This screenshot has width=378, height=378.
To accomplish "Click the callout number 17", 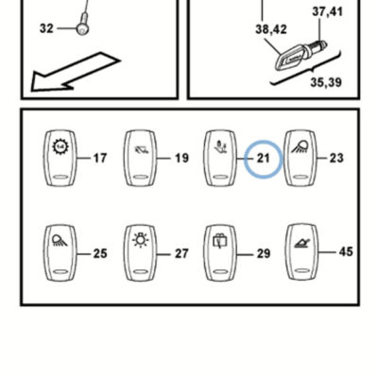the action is point(100,158).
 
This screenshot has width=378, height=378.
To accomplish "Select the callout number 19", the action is point(181,158).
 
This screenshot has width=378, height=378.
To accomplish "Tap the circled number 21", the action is point(264,158).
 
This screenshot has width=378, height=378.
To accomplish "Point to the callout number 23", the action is point(336,158).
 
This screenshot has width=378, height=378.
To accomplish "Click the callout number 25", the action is point(100,253).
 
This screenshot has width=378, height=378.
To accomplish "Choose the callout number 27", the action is point(181,253).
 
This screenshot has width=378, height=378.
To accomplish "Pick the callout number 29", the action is point(264,253).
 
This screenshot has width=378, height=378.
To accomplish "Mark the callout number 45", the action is point(346,251).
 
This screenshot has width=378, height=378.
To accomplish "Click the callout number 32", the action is point(46,28).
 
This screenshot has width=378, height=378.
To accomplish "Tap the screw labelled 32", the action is point(83,24).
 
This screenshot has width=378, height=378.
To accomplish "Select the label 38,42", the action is point(271,29).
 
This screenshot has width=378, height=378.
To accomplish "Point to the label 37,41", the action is point(327,11).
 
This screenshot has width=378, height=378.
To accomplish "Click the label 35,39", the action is point(326,82).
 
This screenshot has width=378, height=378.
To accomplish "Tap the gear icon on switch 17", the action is point(60,146).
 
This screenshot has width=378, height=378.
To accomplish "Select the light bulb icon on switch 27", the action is point(141,240).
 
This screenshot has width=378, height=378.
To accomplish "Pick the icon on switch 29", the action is point(220,241).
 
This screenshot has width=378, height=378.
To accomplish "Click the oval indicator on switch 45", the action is point(301,270).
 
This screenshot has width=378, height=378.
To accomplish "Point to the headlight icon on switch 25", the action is point(60,240).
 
